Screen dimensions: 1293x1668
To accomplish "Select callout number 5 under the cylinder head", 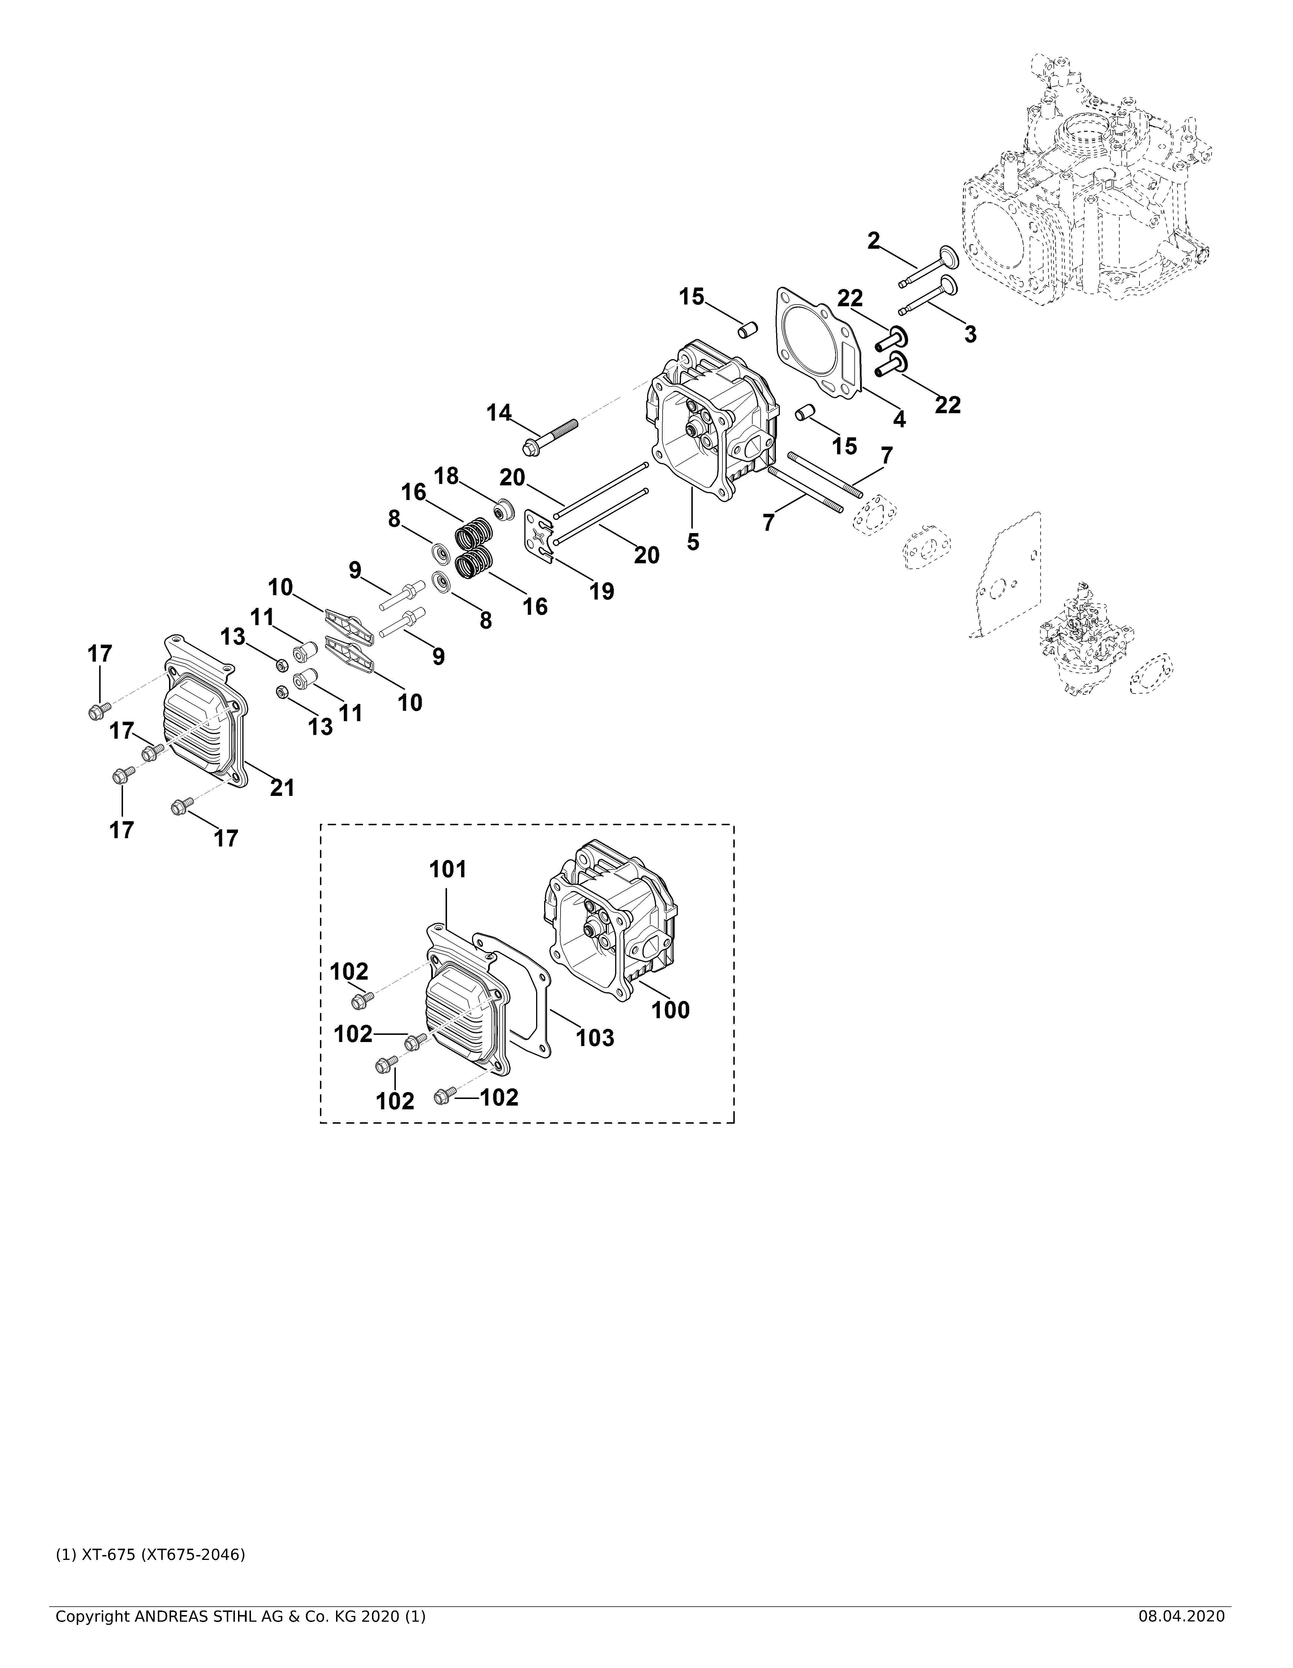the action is [x=693, y=542].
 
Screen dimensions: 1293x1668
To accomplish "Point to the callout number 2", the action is [x=874, y=241].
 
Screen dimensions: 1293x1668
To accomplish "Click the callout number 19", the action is [x=602, y=591].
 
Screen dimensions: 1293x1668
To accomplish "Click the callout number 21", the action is [x=283, y=787].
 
